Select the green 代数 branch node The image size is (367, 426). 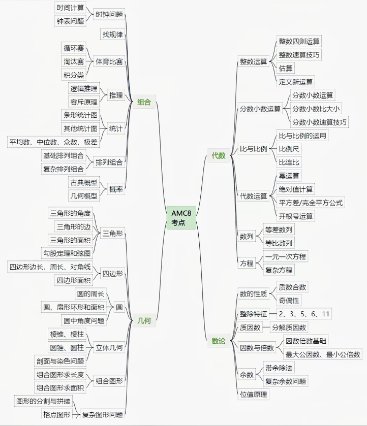click(219, 156)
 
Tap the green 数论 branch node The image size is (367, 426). click(219, 341)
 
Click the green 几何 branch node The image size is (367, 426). click(144, 320)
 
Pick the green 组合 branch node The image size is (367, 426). click(144, 102)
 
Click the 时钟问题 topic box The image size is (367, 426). click(109, 15)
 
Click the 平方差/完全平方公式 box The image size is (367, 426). click(311, 203)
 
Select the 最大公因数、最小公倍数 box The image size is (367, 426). click(323, 354)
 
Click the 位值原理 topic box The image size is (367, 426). click(253, 394)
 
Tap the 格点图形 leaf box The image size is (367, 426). click(56, 414)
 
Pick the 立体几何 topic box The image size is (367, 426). click(109, 348)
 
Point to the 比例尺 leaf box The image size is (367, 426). click(289, 149)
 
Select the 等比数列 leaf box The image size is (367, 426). click(279, 243)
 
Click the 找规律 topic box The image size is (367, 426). click(112, 35)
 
